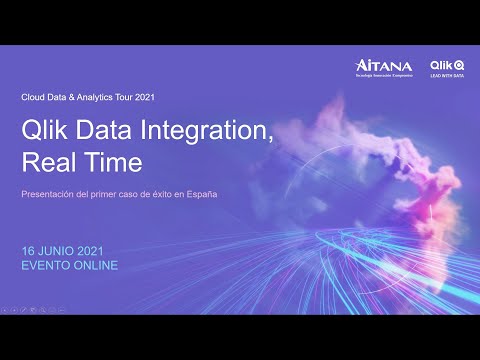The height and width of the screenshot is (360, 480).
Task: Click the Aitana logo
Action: pyautogui.click(x=383, y=68)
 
